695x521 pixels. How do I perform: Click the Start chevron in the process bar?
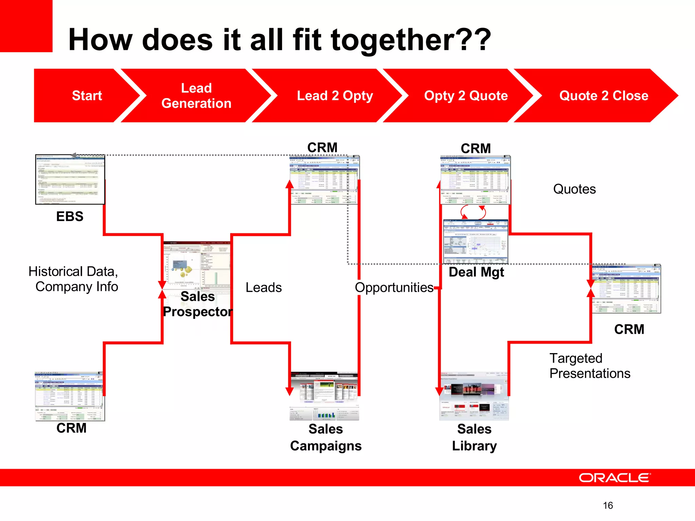pyautogui.click(x=87, y=96)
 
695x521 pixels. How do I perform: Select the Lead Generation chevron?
pyautogui.click(x=196, y=96)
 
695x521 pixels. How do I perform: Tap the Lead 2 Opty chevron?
pyautogui.click(x=335, y=96)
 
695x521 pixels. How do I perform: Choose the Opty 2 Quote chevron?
pyautogui.click(x=466, y=96)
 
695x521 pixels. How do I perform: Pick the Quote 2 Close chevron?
pyautogui.click(x=603, y=96)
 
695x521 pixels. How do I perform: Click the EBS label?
pyautogui.click(x=70, y=216)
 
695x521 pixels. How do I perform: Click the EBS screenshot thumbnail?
pyautogui.click(x=70, y=179)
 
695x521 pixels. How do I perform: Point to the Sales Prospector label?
pyautogui.click(x=198, y=304)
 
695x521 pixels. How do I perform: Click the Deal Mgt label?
pyautogui.click(x=476, y=272)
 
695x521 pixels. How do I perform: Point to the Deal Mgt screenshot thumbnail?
pyautogui.click(x=476, y=242)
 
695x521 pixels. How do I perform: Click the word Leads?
pyautogui.click(x=264, y=288)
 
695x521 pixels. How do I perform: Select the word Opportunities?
pyautogui.click(x=394, y=288)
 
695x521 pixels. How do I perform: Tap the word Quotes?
pyautogui.click(x=574, y=189)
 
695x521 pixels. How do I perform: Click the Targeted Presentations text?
pyautogui.click(x=589, y=366)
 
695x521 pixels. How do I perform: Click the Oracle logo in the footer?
pyautogui.click(x=614, y=478)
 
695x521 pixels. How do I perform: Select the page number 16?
pyautogui.click(x=608, y=505)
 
